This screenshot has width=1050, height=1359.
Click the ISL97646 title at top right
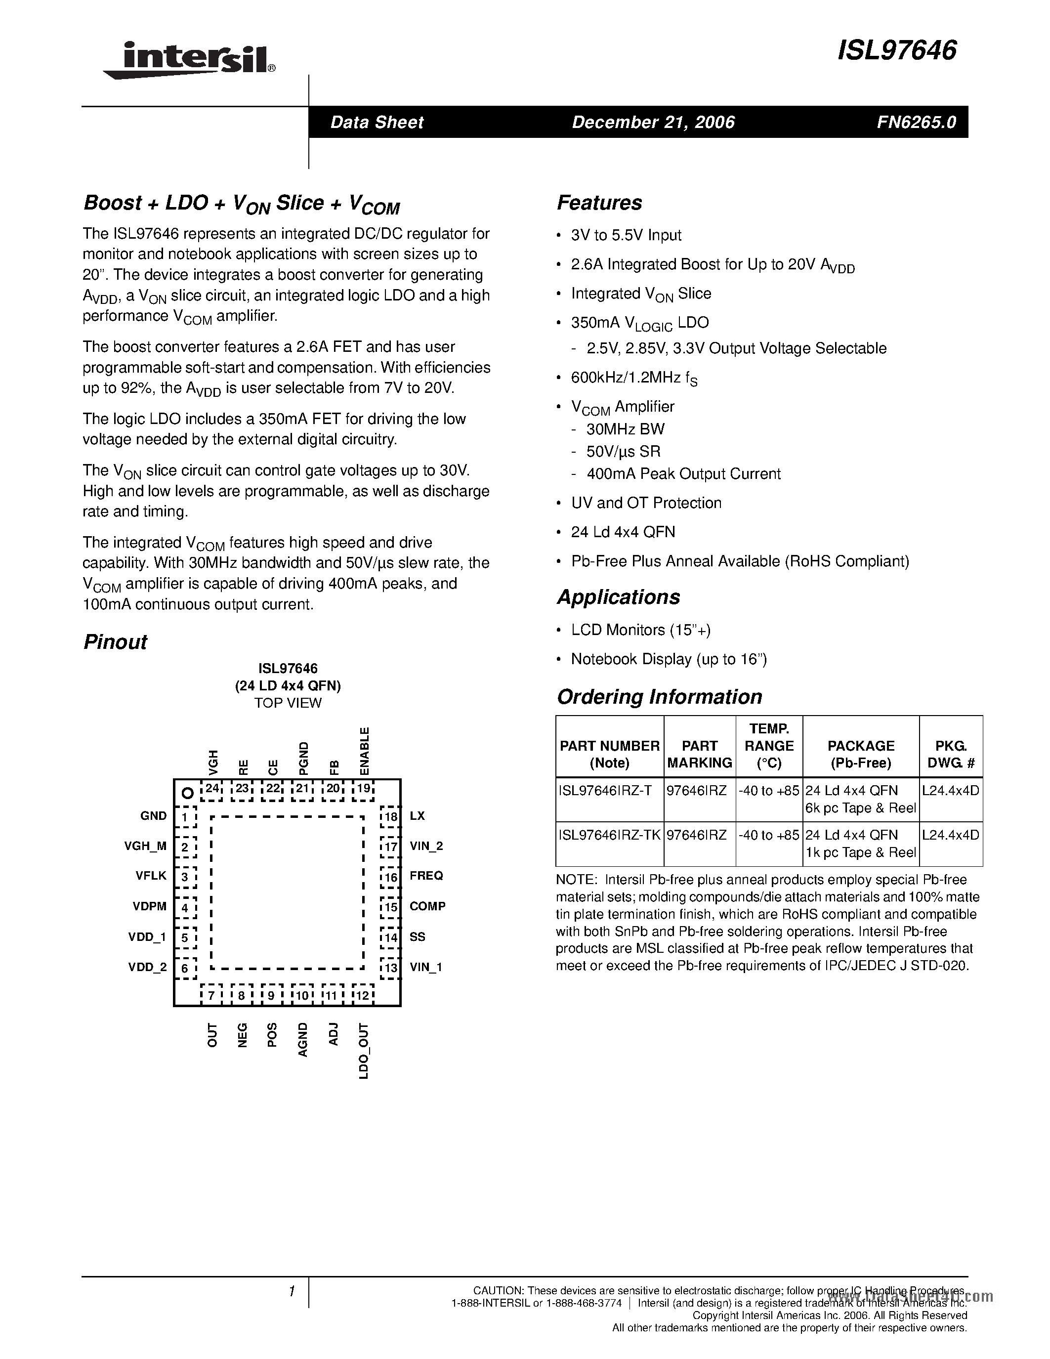(897, 50)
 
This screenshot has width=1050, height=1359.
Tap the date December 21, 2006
(653, 122)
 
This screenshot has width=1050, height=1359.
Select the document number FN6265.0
(916, 122)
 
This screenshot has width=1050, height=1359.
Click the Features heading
(599, 203)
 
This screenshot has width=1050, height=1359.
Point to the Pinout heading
(115, 641)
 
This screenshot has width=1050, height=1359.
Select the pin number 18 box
(390, 816)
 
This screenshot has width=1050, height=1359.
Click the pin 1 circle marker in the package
(186, 793)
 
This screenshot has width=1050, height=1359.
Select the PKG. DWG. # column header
(951, 754)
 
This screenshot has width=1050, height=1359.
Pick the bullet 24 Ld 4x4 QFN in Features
(623, 532)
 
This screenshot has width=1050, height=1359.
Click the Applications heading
(618, 597)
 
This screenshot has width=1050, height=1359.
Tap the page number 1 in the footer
(291, 1292)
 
